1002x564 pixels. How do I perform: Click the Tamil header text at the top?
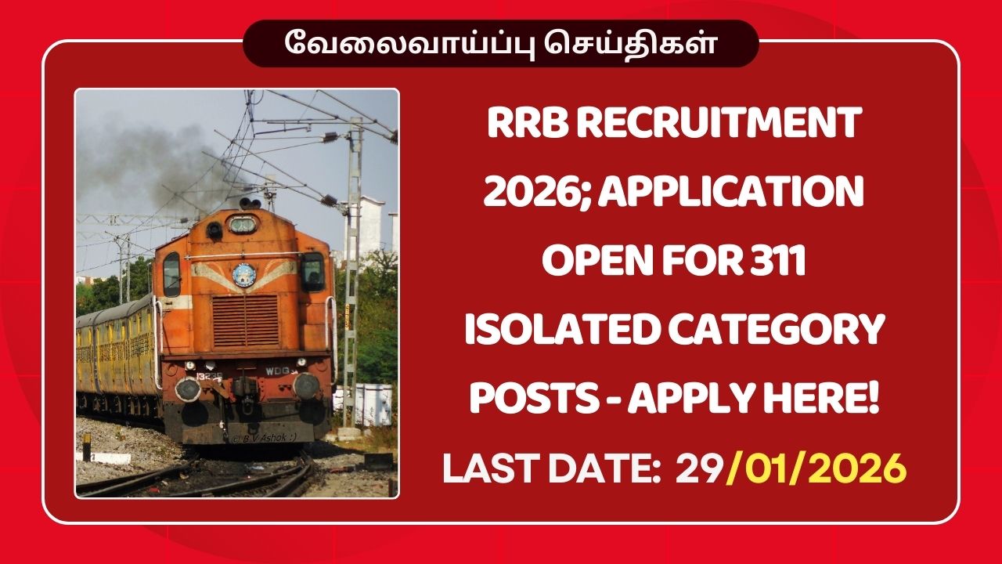[x=501, y=44]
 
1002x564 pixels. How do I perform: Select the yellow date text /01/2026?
[x=817, y=469]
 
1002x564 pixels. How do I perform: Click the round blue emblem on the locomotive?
[x=244, y=275]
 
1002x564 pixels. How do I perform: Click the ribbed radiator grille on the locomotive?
[x=245, y=320]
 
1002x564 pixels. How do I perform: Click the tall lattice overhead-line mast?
[x=353, y=258]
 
